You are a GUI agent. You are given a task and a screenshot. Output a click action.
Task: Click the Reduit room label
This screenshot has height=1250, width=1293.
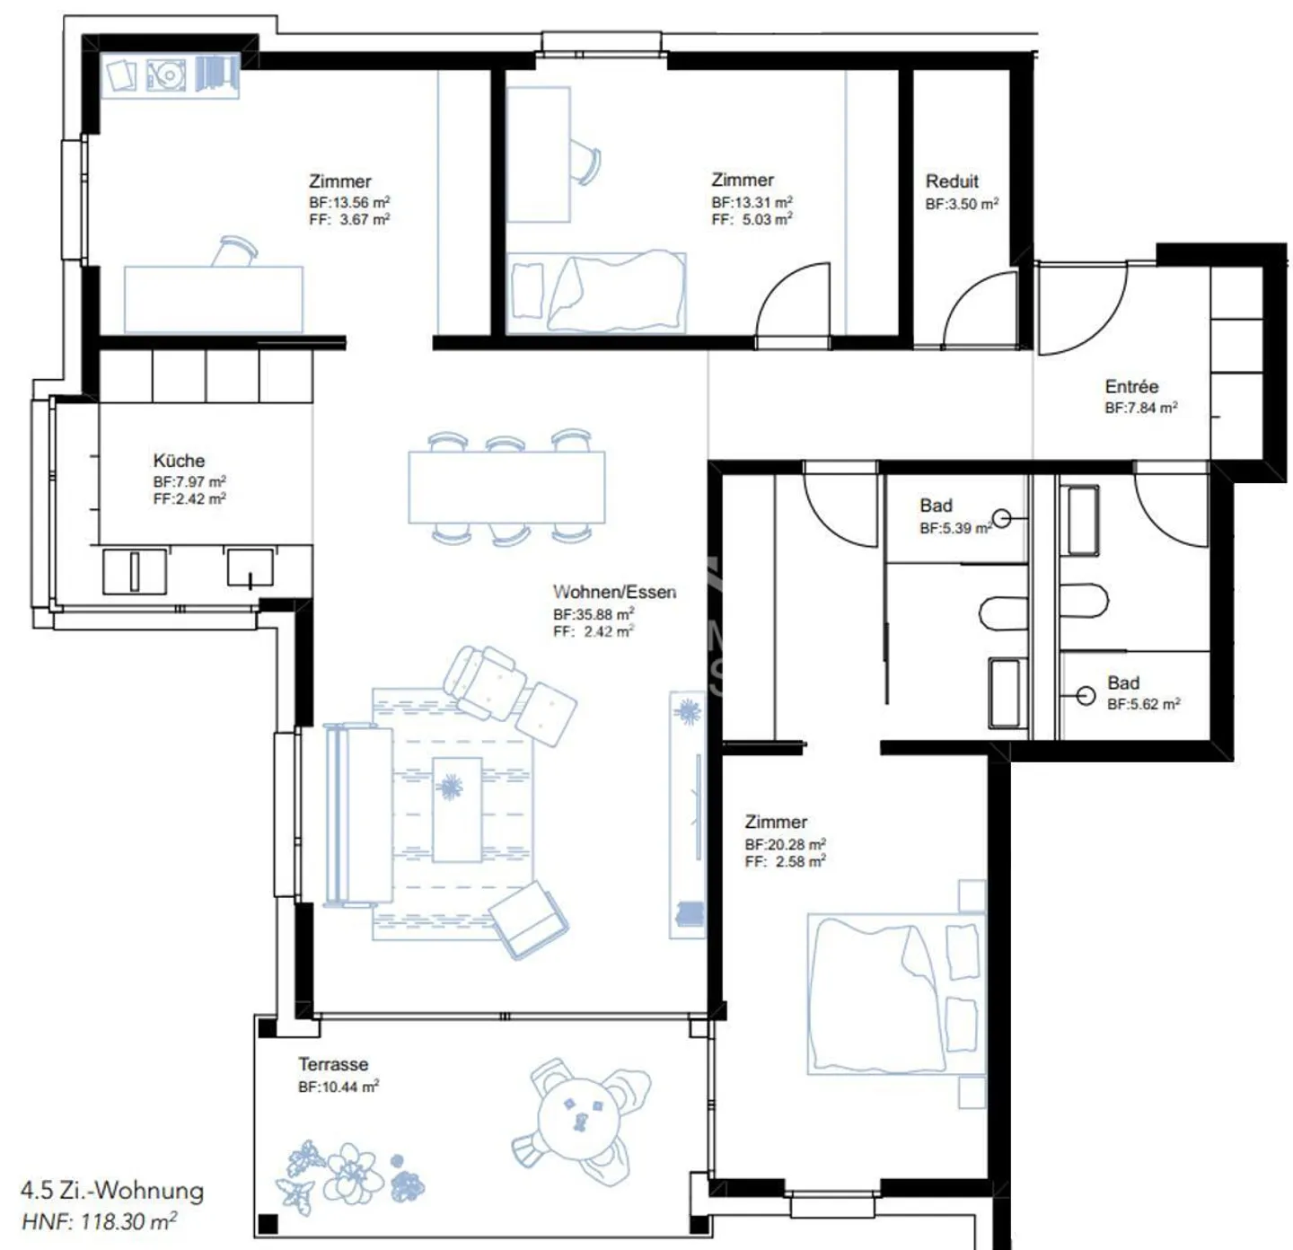pos(952,181)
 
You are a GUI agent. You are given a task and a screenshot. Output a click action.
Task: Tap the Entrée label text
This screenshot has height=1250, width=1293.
pos(1131,387)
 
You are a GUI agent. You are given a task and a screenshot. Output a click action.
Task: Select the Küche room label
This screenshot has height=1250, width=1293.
pos(179,461)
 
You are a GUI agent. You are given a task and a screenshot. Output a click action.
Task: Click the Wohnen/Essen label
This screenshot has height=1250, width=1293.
pos(614,593)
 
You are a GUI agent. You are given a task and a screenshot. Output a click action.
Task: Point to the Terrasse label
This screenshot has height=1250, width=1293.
pos(333,1065)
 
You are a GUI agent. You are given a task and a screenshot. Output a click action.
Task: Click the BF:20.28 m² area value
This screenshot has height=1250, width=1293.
pos(785,845)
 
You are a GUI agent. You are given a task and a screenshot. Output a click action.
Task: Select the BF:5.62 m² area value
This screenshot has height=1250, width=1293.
pos(1143,705)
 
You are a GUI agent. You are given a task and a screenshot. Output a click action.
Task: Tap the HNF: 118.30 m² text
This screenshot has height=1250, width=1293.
pos(99,1222)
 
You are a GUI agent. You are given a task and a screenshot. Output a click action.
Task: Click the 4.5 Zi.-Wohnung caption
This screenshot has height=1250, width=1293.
pos(112,1192)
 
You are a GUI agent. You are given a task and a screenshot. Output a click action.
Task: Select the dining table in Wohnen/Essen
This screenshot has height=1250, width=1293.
pos(506,488)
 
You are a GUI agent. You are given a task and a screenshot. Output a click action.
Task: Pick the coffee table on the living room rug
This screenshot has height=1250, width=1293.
pos(457,809)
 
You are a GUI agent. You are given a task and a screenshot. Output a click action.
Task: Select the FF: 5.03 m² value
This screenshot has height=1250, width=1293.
pos(752,220)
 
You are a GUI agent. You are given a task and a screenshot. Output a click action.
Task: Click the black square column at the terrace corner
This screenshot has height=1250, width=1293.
pos(267,1223)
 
